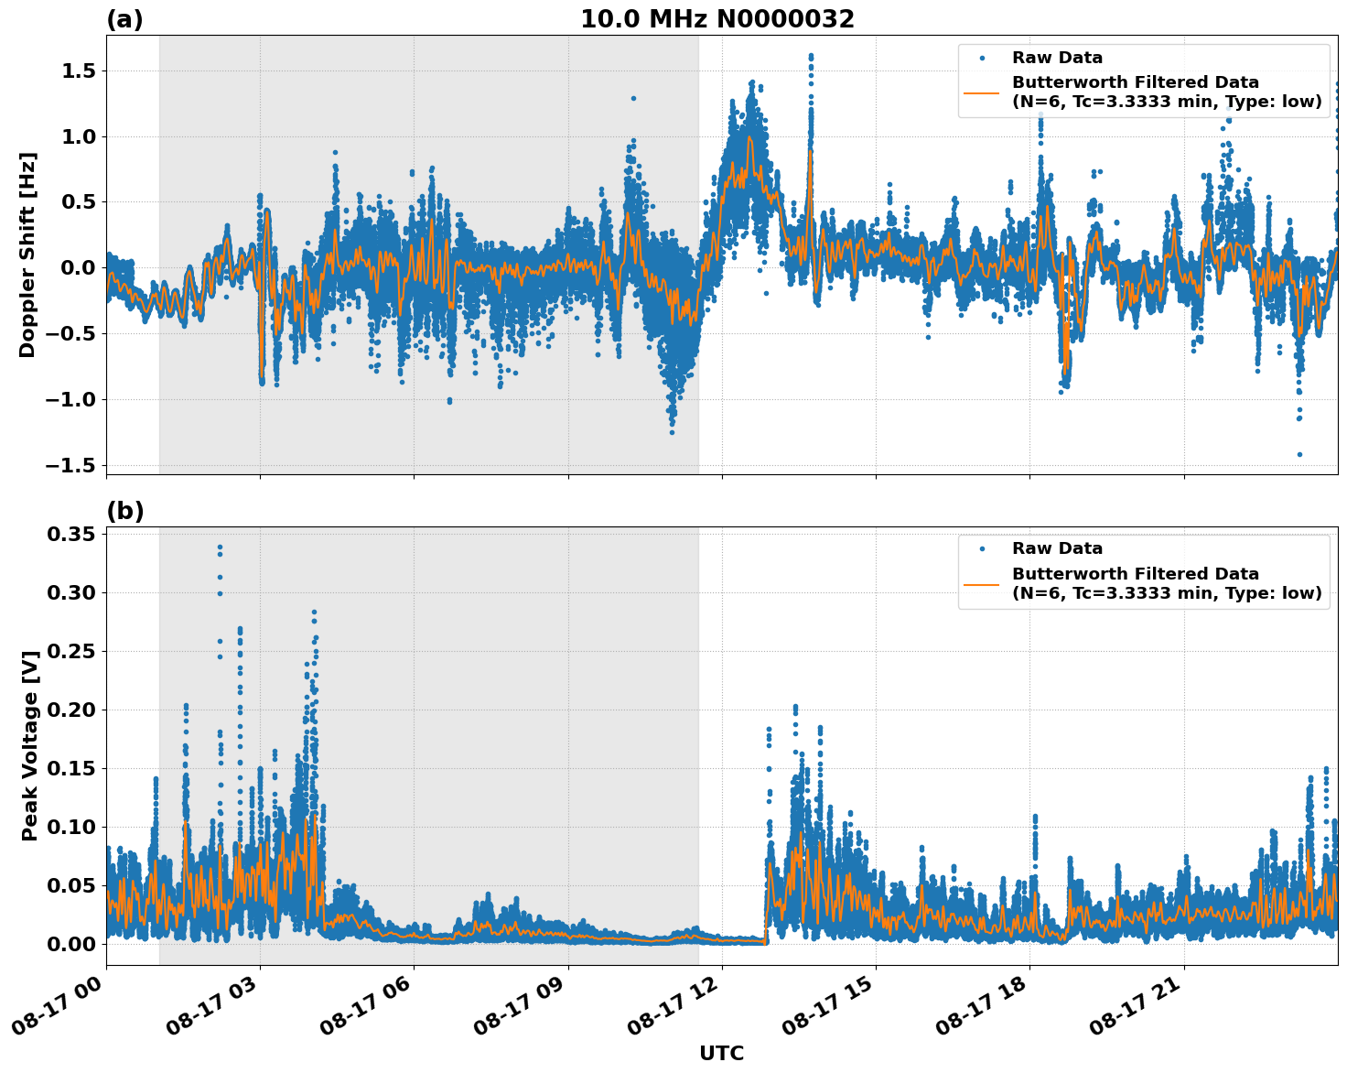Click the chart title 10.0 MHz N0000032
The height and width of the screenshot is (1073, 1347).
tap(717, 19)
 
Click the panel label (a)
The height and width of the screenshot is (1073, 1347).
tap(124, 19)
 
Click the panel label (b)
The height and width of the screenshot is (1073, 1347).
tap(124, 511)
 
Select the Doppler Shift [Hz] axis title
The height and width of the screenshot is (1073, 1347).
tap(27, 255)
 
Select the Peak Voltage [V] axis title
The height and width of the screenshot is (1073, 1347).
tap(30, 745)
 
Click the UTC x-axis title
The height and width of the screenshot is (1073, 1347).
tap(721, 1053)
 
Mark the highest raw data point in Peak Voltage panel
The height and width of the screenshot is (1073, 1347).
tap(220, 547)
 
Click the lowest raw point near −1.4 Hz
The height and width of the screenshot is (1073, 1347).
tap(1299, 454)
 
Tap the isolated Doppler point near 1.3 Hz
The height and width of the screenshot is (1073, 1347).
tap(633, 98)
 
